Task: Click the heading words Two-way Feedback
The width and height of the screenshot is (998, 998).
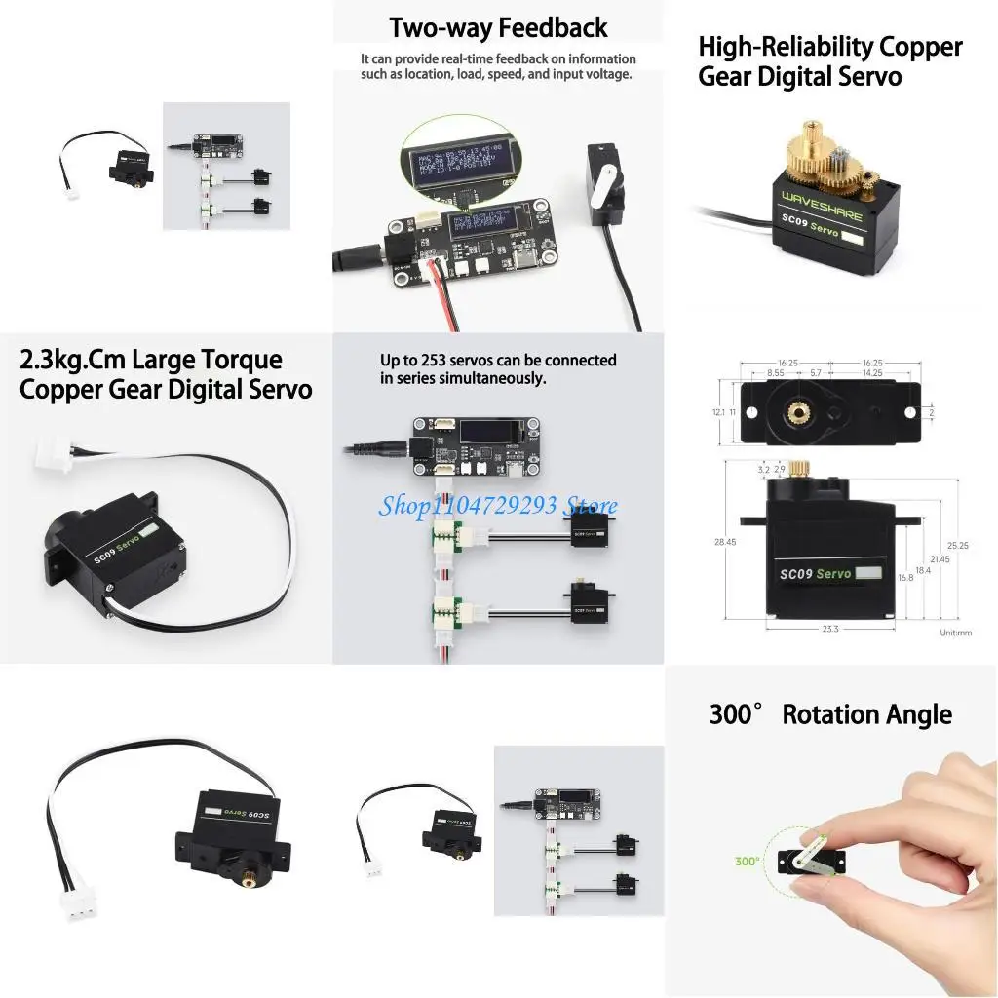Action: [x=498, y=28]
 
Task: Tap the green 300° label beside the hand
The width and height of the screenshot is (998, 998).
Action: [x=748, y=861]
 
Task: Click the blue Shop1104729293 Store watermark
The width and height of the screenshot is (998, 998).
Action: [x=498, y=505]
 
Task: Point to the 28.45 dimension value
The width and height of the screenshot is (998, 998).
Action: [x=726, y=542]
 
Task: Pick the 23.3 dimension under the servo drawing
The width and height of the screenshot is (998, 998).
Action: [x=829, y=629]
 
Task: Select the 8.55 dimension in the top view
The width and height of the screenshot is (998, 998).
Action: [x=783, y=372]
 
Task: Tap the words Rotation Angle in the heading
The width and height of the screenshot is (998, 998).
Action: [x=866, y=714]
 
